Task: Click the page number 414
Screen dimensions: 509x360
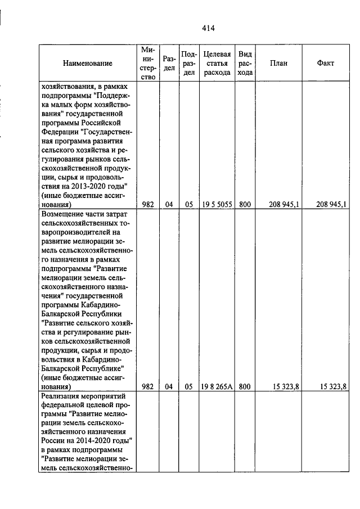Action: pyautogui.click(x=208, y=28)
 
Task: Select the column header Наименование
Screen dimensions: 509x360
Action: pyautogui.click(x=87, y=64)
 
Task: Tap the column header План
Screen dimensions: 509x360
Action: pyautogui.click(x=278, y=64)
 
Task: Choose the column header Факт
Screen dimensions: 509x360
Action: pyautogui.click(x=326, y=64)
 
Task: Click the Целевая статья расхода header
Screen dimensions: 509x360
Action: pyautogui.click(x=217, y=64)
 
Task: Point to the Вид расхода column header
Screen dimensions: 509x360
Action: pyautogui.click(x=245, y=64)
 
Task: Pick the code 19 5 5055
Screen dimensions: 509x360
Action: pyautogui.click(x=217, y=205)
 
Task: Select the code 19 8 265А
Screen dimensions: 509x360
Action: pyautogui.click(x=217, y=387)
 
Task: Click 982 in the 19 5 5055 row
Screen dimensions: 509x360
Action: pyautogui.click(x=148, y=205)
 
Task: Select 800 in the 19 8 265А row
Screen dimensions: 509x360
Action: pyautogui.click(x=245, y=387)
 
